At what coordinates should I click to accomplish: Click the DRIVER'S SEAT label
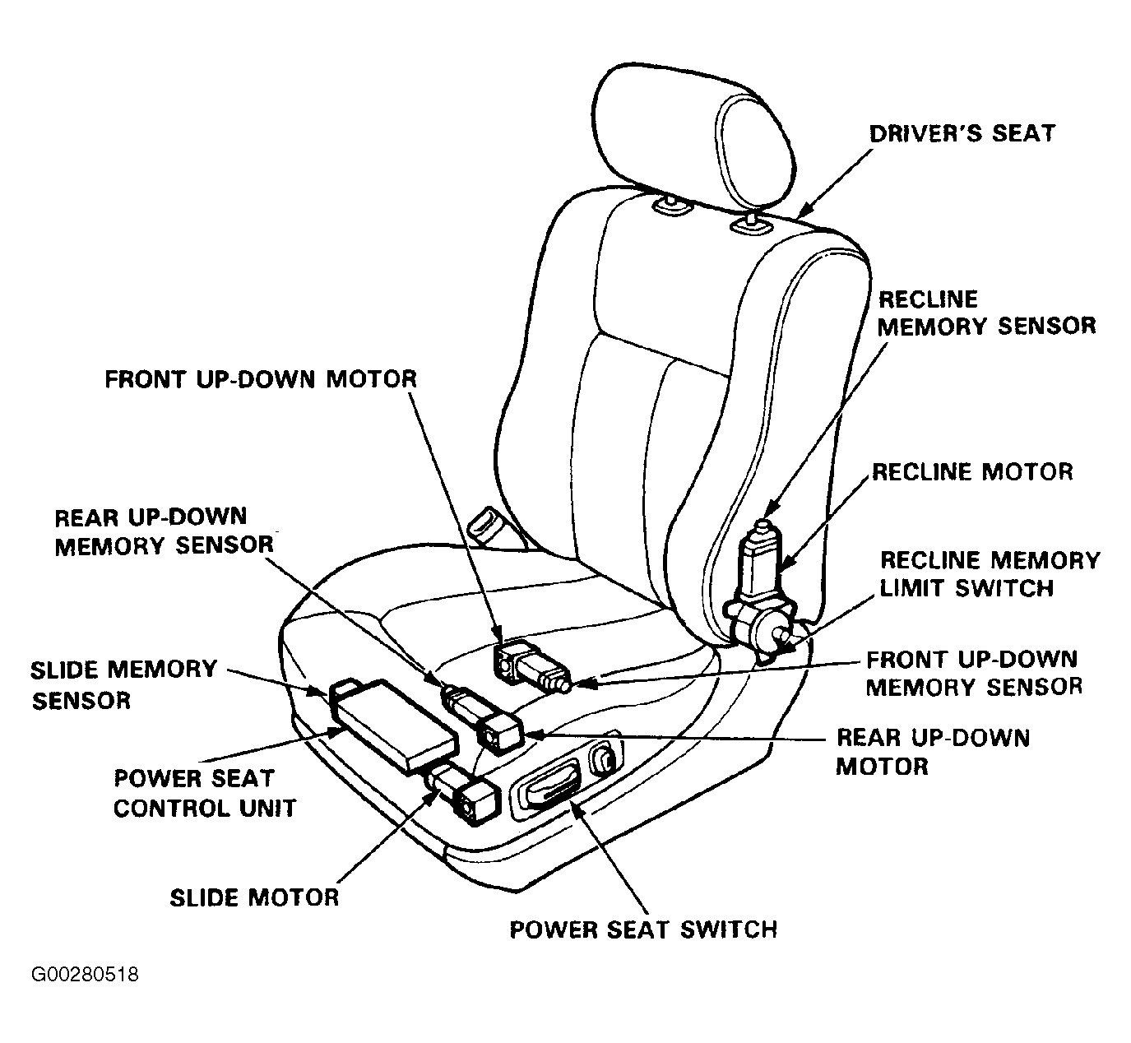pos(962,133)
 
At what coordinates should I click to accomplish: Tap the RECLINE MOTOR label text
pos(972,472)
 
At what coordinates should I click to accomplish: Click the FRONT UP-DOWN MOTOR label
pos(261,379)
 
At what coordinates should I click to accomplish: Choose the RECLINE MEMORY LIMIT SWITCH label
pos(990,574)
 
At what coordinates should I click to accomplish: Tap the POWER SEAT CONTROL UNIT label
pos(205,793)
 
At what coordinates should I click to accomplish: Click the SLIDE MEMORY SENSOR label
pos(123,684)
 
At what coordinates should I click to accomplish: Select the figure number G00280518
pos(84,975)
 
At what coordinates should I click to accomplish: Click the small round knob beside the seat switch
pos(603,760)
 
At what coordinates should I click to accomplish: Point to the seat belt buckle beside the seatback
pos(494,527)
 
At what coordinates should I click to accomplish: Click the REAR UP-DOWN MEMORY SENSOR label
pos(164,531)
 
